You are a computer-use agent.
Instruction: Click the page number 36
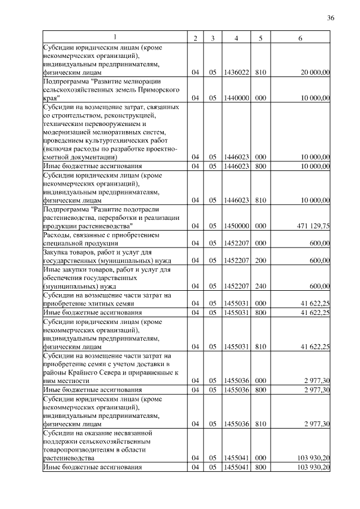click(330, 18)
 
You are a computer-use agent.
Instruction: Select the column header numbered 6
click(300, 38)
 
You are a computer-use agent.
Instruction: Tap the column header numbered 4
click(236, 38)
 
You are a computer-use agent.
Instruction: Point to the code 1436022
click(236, 73)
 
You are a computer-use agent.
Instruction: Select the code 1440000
click(236, 98)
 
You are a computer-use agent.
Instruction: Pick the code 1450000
click(236, 226)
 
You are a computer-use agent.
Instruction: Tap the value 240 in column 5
click(260, 286)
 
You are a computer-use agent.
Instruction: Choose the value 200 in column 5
click(260, 260)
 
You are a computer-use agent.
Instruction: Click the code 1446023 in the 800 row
click(236, 166)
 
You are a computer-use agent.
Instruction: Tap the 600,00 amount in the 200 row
click(319, 260)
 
